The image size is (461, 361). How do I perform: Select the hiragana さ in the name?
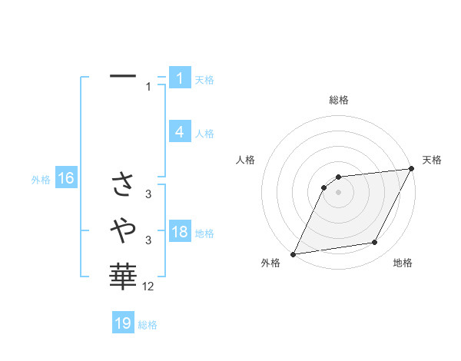click(123, 184)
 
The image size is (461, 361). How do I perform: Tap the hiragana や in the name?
click(123, 228)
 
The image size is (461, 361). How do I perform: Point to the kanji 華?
click(123, 274)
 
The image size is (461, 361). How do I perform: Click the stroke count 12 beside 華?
click(148, 286)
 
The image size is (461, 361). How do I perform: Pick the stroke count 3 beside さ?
click(149, 194)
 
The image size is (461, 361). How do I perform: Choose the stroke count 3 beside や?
click(149, 240)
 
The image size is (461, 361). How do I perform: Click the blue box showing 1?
click(179, 78)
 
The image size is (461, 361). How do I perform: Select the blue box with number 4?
click(179, 132)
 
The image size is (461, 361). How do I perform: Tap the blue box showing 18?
click(179, 232)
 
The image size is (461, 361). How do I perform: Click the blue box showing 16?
click(65, 179)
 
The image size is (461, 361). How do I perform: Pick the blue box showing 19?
click(123, 323)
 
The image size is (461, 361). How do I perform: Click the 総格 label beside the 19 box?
click(148, 325)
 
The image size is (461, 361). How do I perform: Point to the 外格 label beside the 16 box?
click(41, 180)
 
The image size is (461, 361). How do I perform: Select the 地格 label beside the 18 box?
click(204, 233)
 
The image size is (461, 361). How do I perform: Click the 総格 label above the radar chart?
click(338, 100)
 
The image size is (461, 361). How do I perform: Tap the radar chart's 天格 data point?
click(411, 169)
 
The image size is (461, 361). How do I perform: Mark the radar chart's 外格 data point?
click(294, 253)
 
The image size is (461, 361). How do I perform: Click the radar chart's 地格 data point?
click(375, 243)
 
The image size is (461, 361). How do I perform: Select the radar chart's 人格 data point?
click(324, 186)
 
